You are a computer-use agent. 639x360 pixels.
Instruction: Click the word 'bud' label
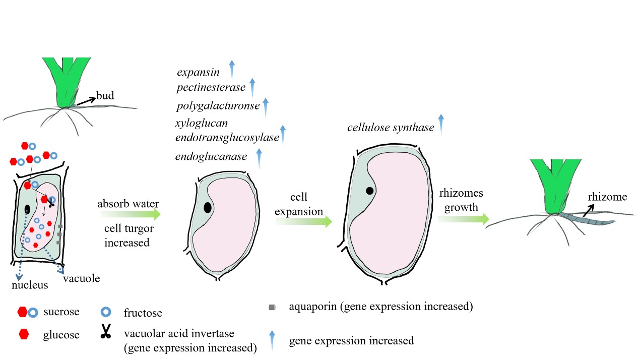point(105,95)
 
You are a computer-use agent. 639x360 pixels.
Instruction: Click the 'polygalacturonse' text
point(218,106)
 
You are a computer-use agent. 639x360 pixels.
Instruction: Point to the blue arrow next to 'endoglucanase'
point(259,158)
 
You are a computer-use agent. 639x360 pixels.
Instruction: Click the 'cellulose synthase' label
point(391,128)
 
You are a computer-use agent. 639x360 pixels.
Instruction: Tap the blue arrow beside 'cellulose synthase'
point(441,124)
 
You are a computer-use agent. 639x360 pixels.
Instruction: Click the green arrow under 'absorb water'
point(130,215)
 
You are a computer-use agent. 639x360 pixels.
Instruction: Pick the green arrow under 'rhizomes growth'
point(463,219)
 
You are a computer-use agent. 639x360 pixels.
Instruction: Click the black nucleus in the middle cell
point(208,207)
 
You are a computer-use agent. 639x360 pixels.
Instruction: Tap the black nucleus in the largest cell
point(370,191)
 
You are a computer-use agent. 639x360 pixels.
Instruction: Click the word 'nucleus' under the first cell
point(30,285)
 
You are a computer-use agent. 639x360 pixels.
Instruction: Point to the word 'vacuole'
point(82,278)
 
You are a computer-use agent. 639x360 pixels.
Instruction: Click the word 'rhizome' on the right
point(607,197)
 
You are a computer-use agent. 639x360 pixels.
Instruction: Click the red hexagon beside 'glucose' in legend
point(23,333)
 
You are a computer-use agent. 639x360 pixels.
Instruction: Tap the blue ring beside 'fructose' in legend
point(105,312)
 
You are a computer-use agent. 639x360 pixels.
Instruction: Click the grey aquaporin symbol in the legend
point(272,307)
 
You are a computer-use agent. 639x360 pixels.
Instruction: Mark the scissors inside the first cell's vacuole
point(51,202)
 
